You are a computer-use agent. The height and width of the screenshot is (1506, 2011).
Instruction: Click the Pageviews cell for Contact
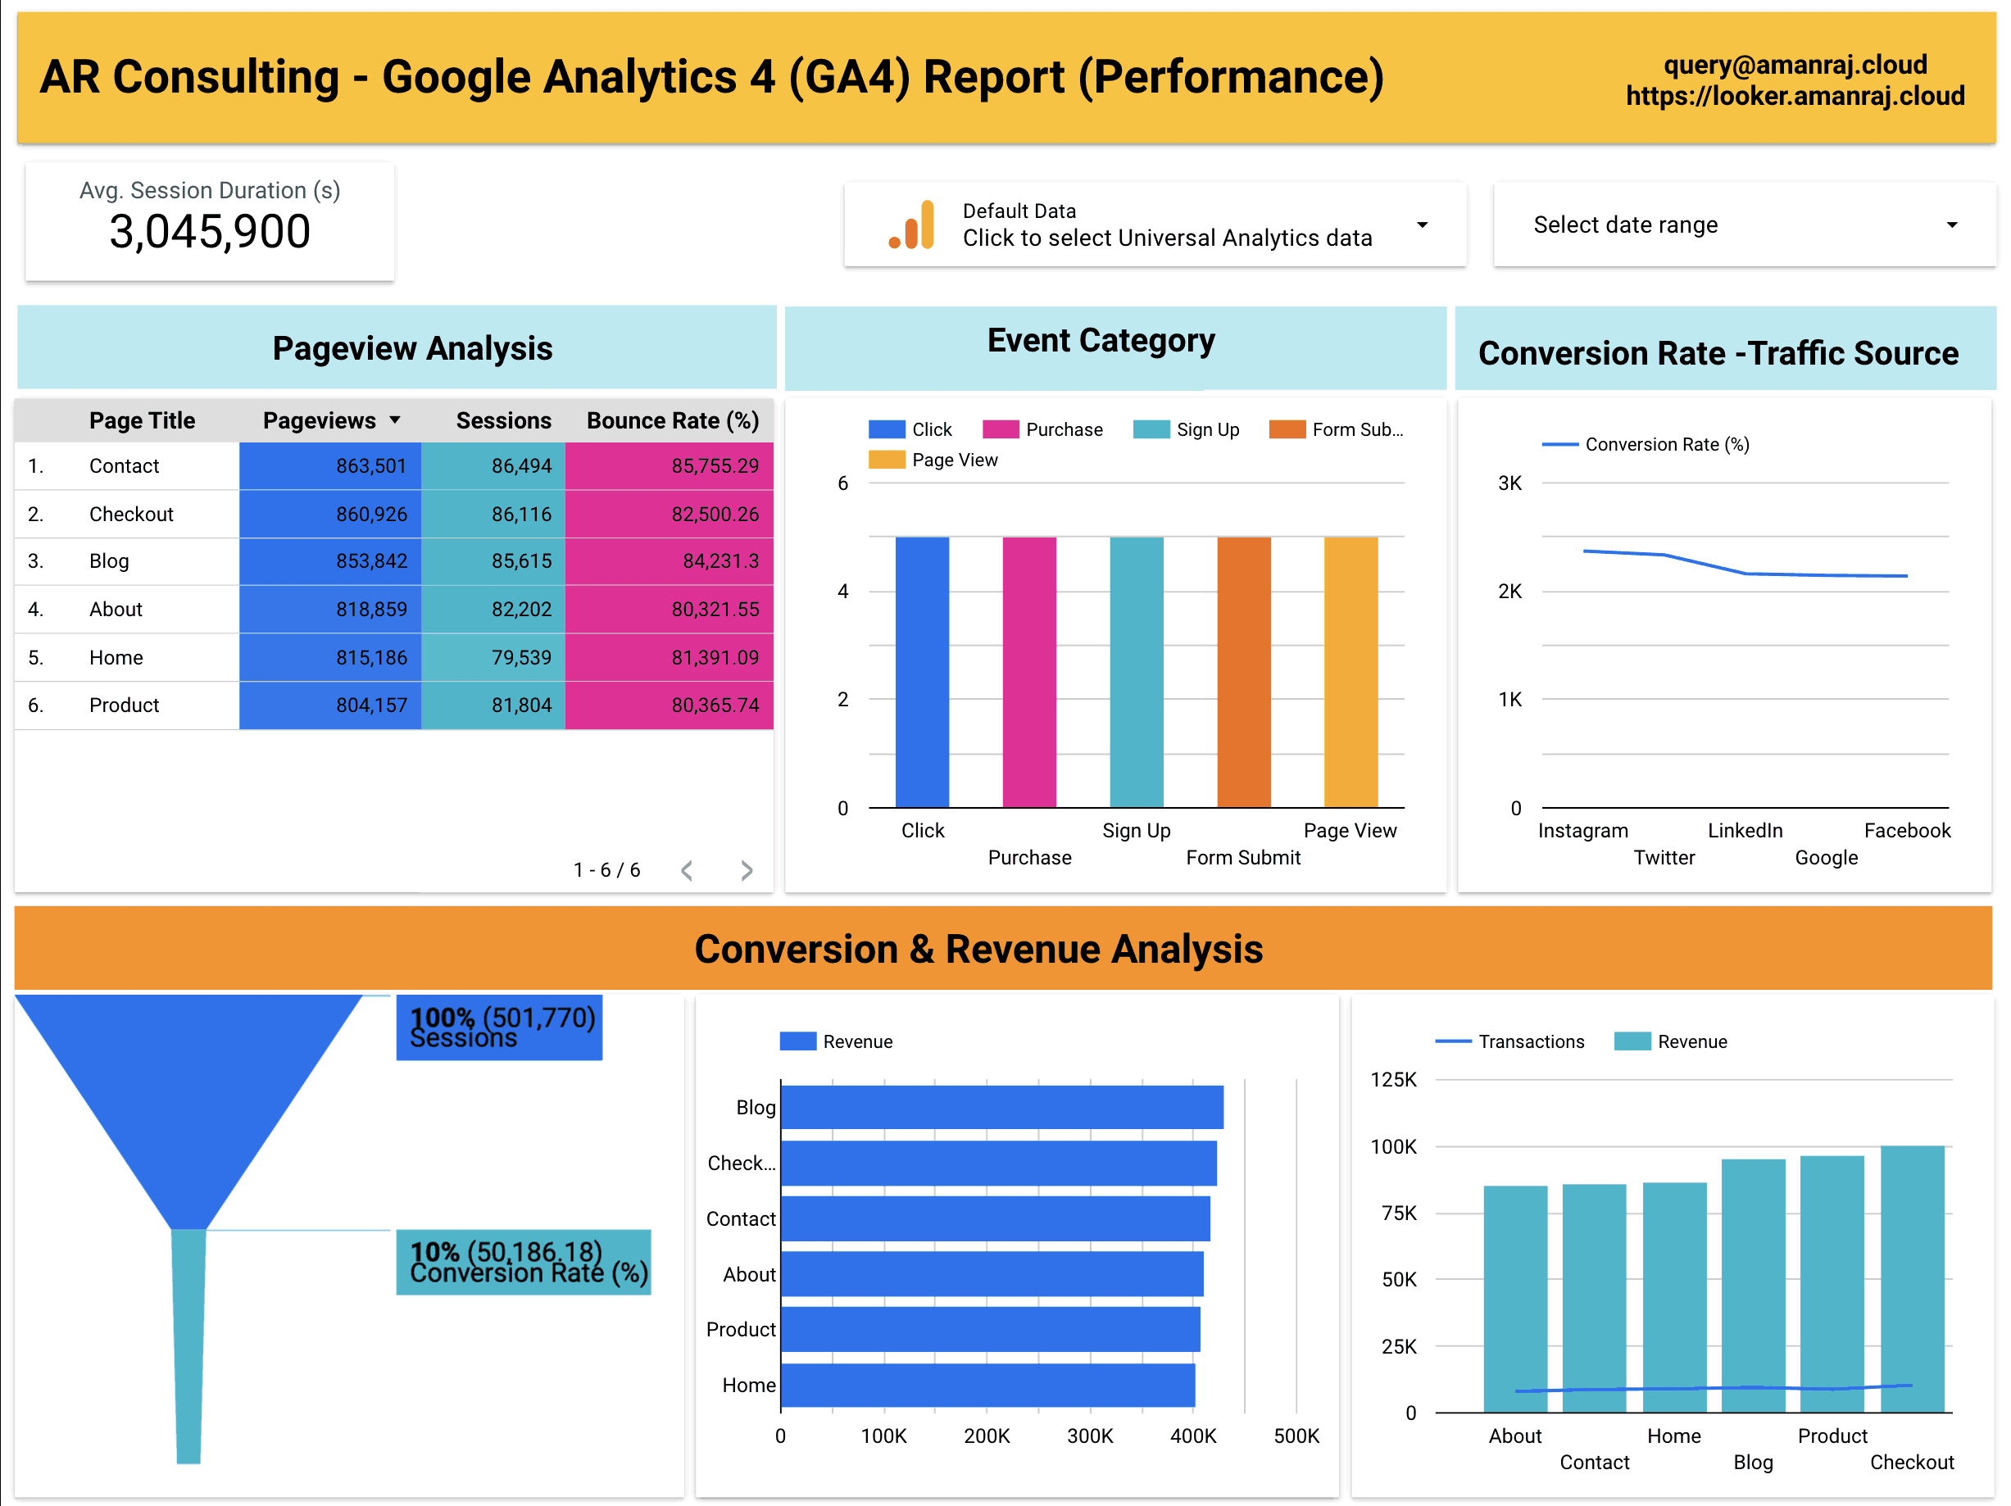pyautogui.click(x=331, y=466)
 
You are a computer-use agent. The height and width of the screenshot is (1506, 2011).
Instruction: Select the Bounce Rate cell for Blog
pyautogui.click(x=670, y=560)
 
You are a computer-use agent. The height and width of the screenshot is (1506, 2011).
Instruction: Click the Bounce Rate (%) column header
pyautogui.click(x=672, y=421)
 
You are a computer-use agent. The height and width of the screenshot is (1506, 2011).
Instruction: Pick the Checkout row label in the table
pyautogui.click(x=131, y=515)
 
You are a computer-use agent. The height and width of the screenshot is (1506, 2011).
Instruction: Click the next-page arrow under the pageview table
pyautogui.click(x=747, y=871)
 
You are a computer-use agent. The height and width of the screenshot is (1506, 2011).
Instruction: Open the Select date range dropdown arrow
pyautogui.click(x=1951, y=225)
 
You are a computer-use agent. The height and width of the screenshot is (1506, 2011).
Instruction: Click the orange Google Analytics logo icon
pyautogui.click(x=912, y=225)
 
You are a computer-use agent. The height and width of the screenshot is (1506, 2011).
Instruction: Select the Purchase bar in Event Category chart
pyautogui.click(x=1029, y=672)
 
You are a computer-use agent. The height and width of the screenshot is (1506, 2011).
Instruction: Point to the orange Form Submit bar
pyautogui.click(x=1243, y=672)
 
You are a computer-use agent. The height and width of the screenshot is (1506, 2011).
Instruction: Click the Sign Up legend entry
pyautogui.click(x=1187, y=430)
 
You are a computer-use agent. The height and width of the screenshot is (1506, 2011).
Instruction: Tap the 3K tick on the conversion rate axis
pyautogui.click(x=1509, y=483)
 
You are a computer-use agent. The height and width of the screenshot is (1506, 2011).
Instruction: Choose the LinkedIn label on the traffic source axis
pyautogui.click(x=1745, y=831)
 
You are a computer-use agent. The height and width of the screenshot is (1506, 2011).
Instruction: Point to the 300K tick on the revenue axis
pyautogui.click(x=1089, y=1436)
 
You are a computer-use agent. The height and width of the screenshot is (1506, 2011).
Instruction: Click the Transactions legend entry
pyautogui.click(x=1510, y=1041)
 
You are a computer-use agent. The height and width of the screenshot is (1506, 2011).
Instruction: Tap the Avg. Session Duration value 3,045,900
pyautogui.click(x=210, y=232)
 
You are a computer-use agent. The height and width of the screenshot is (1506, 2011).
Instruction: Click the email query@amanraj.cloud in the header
pyautogui.click(x=1795, y=65)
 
